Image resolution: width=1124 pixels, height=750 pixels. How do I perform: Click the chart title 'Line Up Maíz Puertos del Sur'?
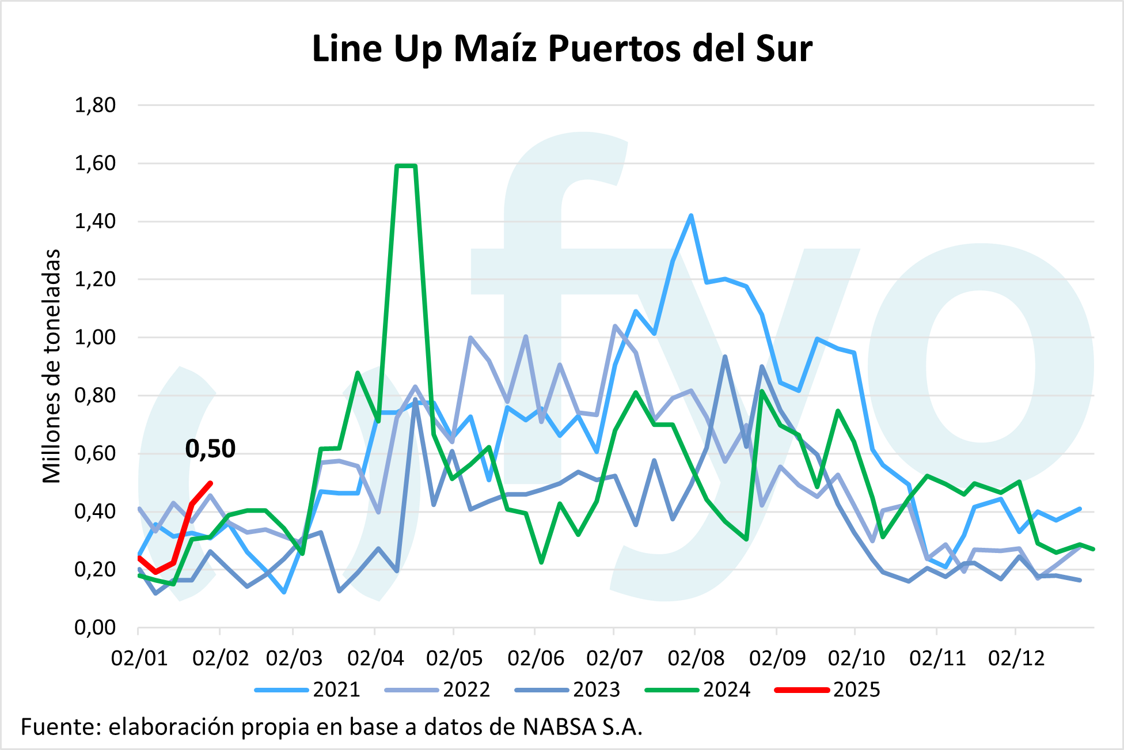pos(561,49)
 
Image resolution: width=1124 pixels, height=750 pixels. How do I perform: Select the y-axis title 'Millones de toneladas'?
pos(52,366)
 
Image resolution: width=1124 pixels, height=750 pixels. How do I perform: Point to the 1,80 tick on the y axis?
pos(95,105)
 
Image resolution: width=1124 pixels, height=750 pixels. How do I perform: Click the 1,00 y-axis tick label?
pos(95,338)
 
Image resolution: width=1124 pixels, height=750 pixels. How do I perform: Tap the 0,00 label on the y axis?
pos(95,627)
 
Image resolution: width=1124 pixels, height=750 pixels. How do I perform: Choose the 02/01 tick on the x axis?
pos(139,658)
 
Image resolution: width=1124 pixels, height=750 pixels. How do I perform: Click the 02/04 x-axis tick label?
pos(375,658)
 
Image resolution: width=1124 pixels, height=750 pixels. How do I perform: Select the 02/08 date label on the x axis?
pos(696,658)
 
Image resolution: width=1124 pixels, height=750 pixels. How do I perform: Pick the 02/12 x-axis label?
pos(1016,658)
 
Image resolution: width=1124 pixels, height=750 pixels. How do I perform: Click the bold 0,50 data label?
pos(210,449)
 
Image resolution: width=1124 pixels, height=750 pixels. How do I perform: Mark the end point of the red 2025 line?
pos(211,483)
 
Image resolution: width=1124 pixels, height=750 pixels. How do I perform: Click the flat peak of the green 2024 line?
pos(406,166)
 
